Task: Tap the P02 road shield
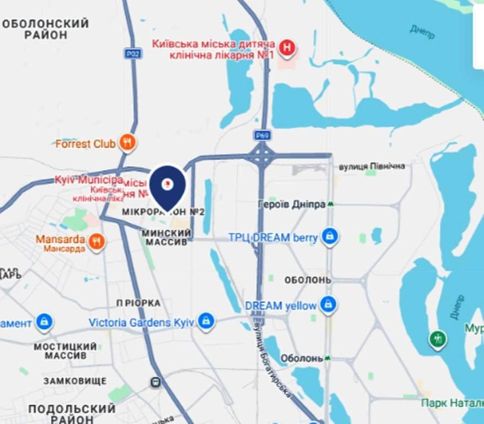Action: click(x=133, y=54)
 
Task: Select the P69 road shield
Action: click(x=262, y=135)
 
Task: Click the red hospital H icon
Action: click(x=287, y=48)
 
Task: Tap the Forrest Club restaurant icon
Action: click(x=127, y=142)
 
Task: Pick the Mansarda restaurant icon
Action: click(x=96, y=241)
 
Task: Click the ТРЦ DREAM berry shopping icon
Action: click(x=329, y=237)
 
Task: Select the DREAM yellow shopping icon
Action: click(x=328, y=305)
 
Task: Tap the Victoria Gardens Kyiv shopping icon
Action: click(x=206, y=321)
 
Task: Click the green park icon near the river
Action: click(x=437, y=339)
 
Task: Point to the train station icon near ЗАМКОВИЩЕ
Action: click(x=155, y=382)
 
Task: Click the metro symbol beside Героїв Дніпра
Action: click(x=330, y=204)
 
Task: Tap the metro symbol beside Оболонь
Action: click(x=327, y=358)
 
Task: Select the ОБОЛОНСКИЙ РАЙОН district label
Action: click(x=45, y=29)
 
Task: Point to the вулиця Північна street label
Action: click(x=371, y=166)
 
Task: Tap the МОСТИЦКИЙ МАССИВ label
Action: click(x=65, y=351)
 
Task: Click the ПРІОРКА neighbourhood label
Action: click(x=138, y=303)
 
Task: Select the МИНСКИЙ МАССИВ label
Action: click(x=166, y=237)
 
